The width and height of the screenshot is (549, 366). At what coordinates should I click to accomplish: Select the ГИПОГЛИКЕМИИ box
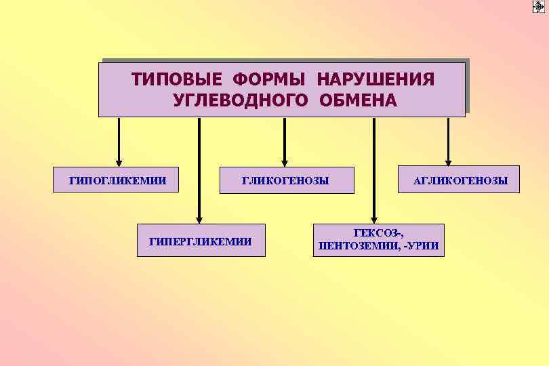pos(119,180)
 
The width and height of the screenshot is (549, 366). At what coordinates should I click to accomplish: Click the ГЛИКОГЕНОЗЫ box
pos(287,180)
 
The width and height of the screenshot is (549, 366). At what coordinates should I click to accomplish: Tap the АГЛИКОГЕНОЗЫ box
pos(458,180)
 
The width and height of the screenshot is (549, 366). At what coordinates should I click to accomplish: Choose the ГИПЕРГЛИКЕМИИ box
pos(201,241)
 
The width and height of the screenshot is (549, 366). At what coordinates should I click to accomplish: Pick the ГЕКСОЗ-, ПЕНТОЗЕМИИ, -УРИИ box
pos(378,241)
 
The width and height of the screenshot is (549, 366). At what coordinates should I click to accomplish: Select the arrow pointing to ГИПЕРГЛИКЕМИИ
pos(199,169)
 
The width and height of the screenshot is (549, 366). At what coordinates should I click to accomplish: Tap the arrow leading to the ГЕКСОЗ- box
pos(374,169)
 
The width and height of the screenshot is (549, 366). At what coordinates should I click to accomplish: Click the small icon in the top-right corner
pos(538,7)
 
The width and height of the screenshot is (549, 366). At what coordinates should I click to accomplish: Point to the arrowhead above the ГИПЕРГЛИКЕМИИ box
pos(199,218)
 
